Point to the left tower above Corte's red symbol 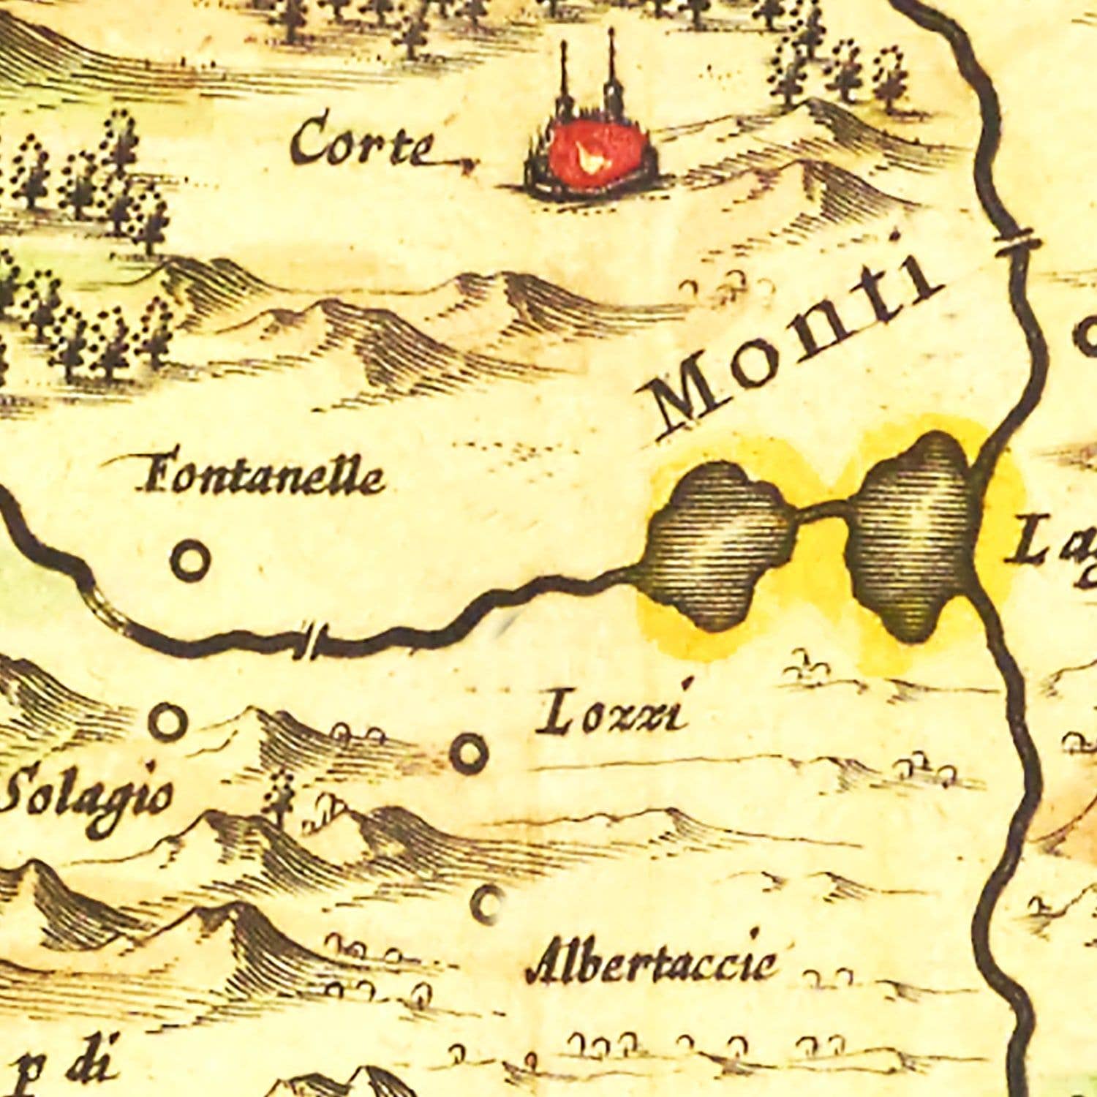click(x=565, y=80)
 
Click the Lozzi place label click(x=613, y=714)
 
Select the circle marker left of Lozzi click(x=469, y=752)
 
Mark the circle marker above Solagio click(x=167, y=721)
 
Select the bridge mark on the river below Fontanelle click(x=312, y=642)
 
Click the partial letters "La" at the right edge click(x=1049, y=541)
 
